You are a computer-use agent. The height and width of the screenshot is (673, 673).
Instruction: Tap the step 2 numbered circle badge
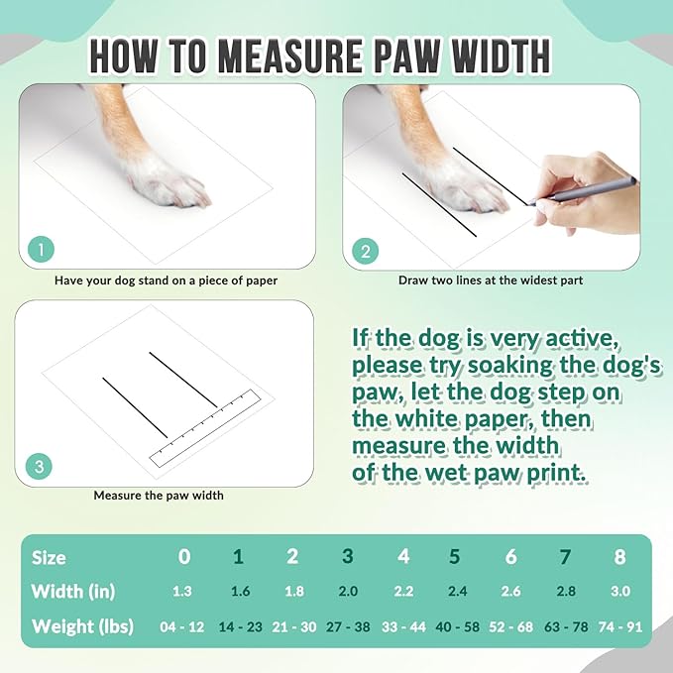(x=365, y=251)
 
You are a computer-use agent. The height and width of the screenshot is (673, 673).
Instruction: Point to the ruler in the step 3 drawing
(x=203, y=427)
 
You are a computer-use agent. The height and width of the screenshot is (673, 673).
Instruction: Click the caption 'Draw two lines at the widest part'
(x=490, y=280)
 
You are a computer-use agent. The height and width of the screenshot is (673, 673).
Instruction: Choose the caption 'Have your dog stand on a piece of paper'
(x=166, y=280)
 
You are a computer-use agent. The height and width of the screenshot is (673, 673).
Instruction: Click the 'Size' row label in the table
(x=49, y=557)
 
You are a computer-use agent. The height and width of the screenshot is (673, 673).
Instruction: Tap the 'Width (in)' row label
(x=73, y=592)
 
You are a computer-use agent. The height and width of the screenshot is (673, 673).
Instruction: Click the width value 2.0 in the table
(x=348, y=592)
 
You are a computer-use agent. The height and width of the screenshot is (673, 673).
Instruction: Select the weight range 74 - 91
(x=619, y=626)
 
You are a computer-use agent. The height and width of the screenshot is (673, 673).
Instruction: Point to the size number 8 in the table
(x=619, y=557)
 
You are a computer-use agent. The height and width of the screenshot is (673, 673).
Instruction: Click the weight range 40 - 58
(x=456, y=626)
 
